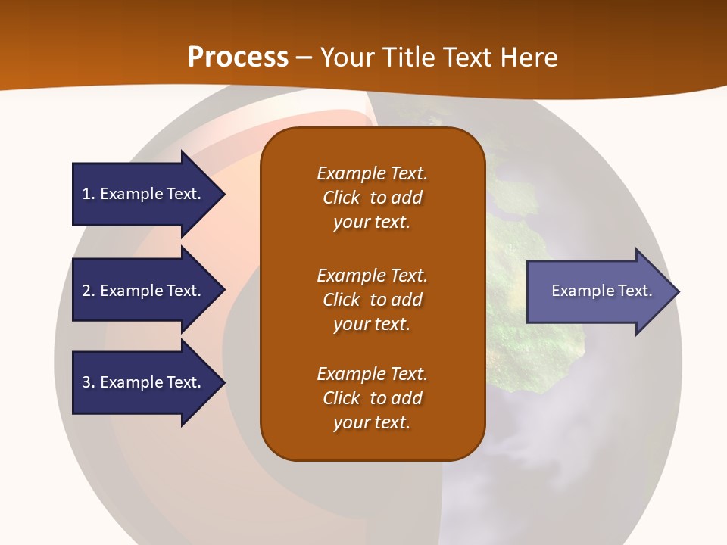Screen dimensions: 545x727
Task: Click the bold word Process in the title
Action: click(x=238, y=58)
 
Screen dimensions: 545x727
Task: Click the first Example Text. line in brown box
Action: click(x=372, y=173)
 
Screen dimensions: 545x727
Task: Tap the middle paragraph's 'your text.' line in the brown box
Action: click(x=372, y=324)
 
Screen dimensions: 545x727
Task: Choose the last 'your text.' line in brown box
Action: click(x=372, y=422)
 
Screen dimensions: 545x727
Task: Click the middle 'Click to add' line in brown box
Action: click(x=372, y=300)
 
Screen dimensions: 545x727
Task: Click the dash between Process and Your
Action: click(x=304, y=58)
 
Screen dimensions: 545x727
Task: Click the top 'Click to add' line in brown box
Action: click(x=372, y=198)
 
